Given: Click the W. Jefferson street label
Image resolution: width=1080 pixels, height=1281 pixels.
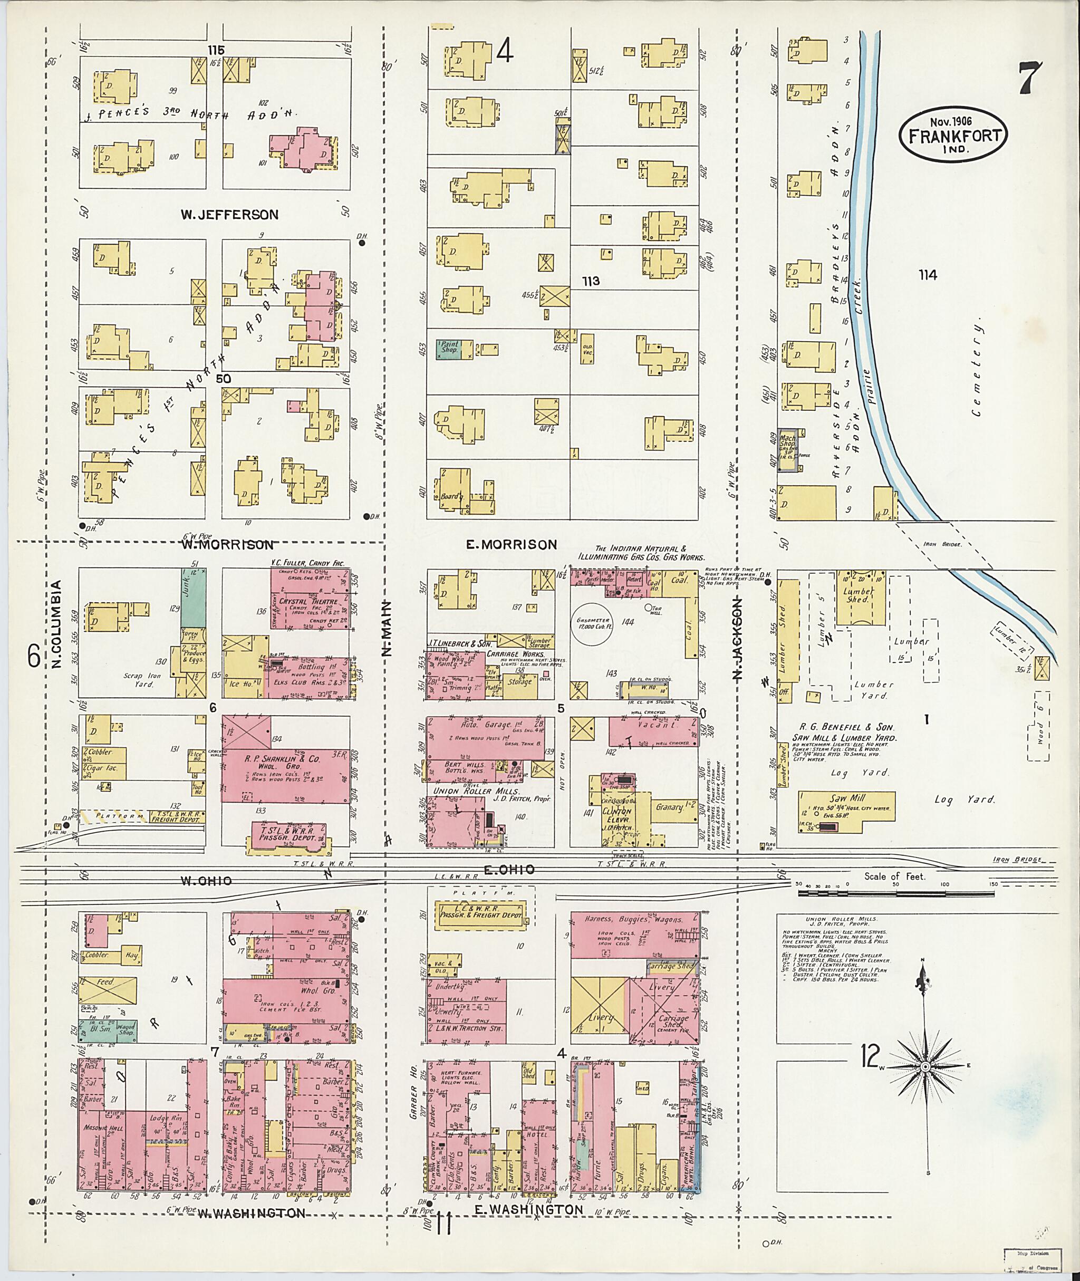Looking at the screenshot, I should pyautogui.click(x=229, y=214).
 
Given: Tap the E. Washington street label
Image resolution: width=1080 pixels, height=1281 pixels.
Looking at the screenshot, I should pyautogui.click(x=529, y=1209).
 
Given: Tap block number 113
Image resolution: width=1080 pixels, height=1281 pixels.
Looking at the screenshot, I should pyautogui.click(x=591, y=281).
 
